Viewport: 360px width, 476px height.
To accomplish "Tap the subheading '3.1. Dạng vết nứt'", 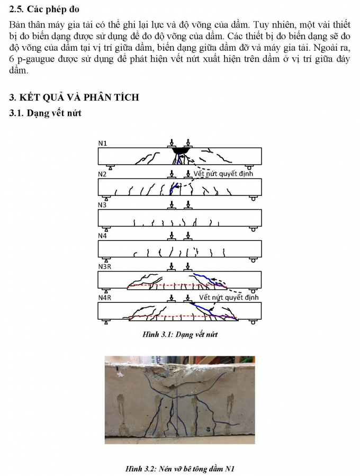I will coord(46,112).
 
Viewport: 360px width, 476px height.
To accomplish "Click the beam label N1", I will coord(103,143).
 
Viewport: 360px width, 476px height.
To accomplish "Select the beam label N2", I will coord(103,174).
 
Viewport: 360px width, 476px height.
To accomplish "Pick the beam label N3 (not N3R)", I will coord(103,205).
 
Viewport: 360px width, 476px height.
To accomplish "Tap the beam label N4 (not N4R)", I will coord(103,236).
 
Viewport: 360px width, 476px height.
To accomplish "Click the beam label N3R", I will coord(105,267).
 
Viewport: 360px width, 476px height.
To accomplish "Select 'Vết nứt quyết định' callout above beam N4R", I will coord(229,298).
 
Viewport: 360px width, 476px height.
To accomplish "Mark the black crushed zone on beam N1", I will coord(181,151).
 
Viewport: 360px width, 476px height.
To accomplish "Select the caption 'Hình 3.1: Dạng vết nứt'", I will coord(180,335).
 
